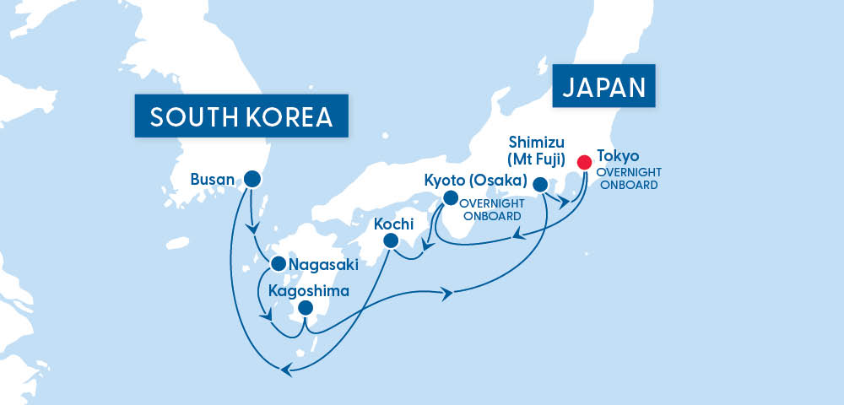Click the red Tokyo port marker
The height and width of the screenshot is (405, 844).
pos(583,162)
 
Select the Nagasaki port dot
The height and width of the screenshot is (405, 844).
pos(278,264)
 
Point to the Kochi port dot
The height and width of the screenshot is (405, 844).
pos(390,240)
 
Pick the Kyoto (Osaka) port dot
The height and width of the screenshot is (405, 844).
pos(450,198)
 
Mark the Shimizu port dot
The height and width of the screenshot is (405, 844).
pos(541,183)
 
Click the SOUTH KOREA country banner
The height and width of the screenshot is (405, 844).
pos(241,118)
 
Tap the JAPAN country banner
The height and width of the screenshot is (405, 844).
pos(604,87)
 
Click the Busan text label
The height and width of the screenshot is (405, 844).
pos(214,179)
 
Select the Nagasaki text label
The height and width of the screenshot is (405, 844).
pos(324,265)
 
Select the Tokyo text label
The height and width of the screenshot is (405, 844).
pos(618,156)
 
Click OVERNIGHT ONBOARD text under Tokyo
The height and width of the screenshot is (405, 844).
pos(626,178)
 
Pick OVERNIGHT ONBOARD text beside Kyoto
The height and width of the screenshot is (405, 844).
pos(493,209)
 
